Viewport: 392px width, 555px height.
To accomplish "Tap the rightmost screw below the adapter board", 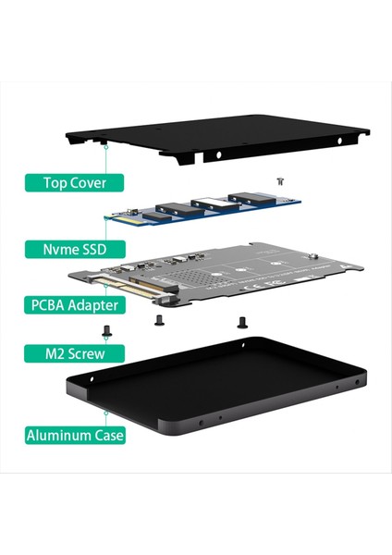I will [242, 322].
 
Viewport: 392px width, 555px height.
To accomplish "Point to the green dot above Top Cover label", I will [107, 145].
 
